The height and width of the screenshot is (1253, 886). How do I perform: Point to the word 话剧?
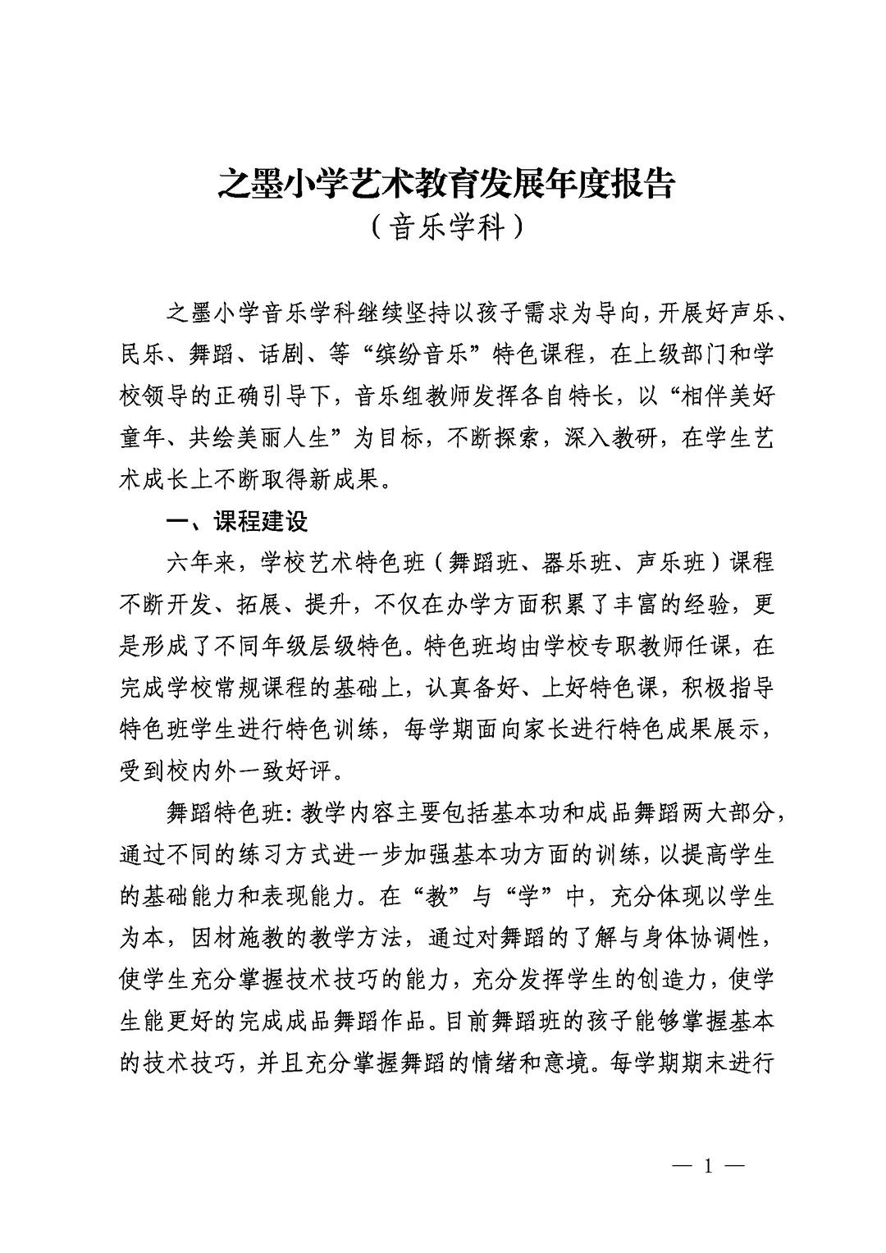[x=281, y=354]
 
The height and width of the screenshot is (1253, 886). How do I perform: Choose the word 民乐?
[x=142, y=354]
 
